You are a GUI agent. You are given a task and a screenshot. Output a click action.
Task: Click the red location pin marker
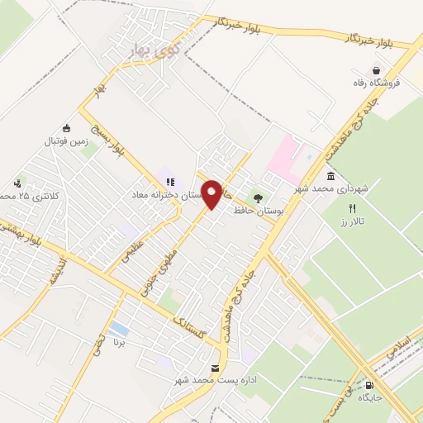(212, 194)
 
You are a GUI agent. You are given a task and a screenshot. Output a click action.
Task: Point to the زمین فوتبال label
(65, 141)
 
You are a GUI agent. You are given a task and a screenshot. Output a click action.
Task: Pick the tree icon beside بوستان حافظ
(259, 198)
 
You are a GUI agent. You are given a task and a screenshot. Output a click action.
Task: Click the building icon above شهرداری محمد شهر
(331, 177)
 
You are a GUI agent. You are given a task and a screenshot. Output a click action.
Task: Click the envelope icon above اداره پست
(216, 368)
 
